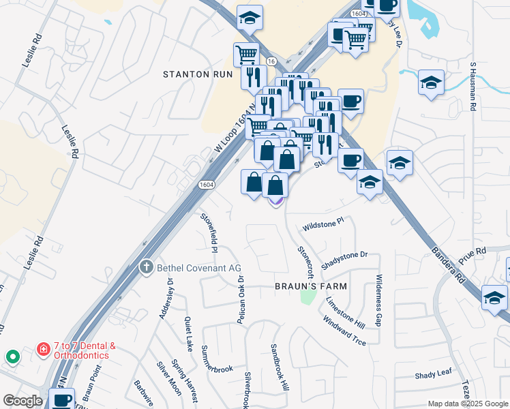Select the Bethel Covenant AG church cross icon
pos(145,267)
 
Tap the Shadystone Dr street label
pos(344,258)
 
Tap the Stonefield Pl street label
pos(209,233)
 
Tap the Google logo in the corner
pos(22,401)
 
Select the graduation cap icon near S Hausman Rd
pos(431,84)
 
